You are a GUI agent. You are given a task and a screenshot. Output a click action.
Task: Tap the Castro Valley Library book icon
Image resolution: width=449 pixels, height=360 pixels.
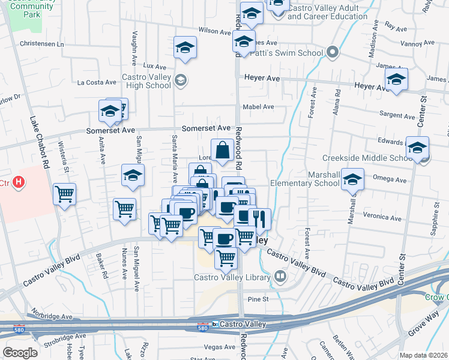[280, 276]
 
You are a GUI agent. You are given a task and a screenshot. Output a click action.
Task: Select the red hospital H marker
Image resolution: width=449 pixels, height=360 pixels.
[19, 181]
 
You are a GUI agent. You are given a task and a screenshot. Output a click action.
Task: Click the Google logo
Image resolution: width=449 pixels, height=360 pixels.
[20, 353]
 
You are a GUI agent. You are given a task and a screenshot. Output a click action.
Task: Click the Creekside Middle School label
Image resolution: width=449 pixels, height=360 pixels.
[373, 158]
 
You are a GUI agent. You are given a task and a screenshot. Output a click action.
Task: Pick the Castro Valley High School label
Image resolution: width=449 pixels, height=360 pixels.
[146, 81]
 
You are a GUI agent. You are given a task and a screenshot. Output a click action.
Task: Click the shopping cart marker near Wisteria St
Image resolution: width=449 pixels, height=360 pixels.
[64, 194]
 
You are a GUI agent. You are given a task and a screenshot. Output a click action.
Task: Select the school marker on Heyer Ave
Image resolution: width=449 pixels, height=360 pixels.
[396, 80]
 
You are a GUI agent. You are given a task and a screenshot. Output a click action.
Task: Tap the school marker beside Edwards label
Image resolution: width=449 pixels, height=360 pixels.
[417, 148]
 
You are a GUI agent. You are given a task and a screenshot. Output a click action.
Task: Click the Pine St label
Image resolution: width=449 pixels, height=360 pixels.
[257, 298]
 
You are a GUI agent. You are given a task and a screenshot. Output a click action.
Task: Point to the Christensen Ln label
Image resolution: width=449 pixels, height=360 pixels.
[41, 44]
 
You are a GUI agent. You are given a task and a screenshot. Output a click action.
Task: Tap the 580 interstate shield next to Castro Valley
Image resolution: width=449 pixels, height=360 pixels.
[204, 326]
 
